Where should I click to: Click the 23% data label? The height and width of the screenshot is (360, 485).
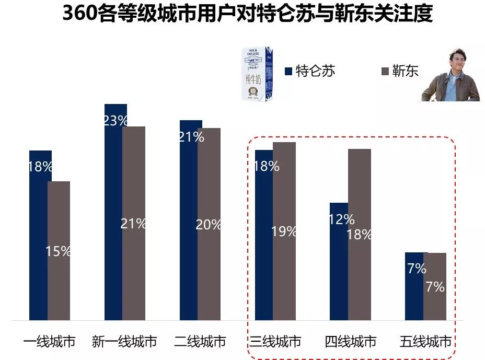coord(116,121)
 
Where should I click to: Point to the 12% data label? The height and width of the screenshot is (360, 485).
coord(342,219)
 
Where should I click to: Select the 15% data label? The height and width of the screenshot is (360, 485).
coord(58,251)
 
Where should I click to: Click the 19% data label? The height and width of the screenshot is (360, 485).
coord(284,231)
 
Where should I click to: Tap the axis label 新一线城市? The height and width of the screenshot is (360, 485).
coord(124,342)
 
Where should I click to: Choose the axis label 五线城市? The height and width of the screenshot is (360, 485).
coord(425,342)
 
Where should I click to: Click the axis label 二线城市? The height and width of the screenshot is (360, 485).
coord(200,342)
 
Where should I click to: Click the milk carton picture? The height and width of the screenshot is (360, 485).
coord(257,74)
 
